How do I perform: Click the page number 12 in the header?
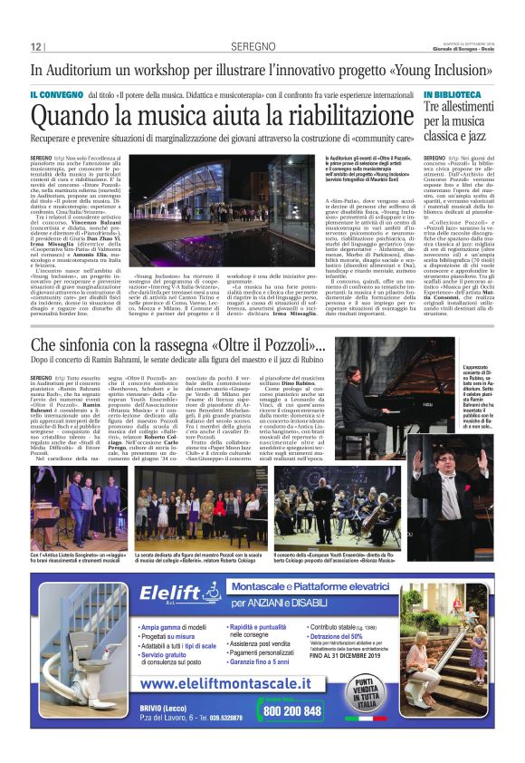tap(37, 46)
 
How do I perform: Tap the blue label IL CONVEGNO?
tap(55, 94)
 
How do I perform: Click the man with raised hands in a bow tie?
tap(448, 494)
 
